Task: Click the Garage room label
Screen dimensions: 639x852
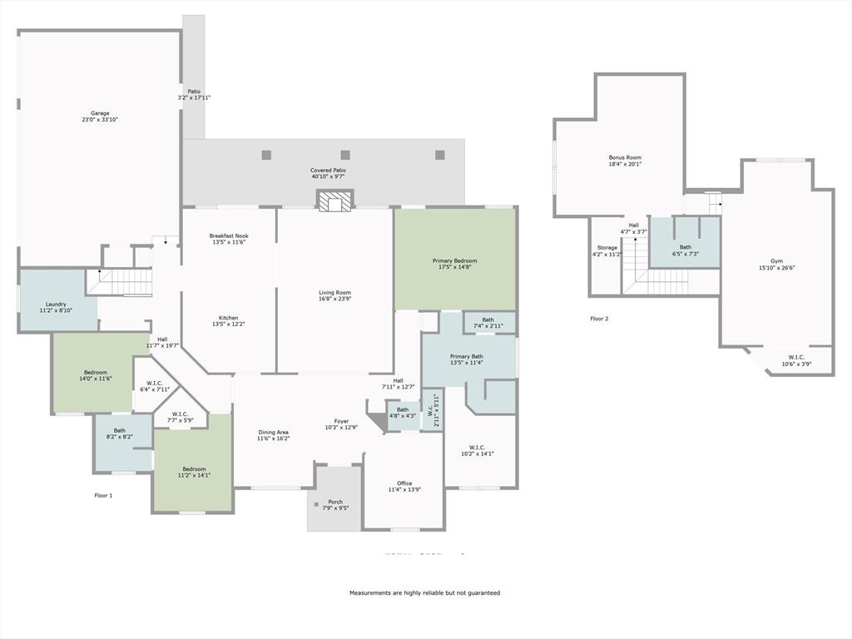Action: click(x=100, y=113)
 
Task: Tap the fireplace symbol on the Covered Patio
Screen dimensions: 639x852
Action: click(x=335, y=201)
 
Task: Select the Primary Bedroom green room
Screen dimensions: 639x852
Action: click(x=453, y=260)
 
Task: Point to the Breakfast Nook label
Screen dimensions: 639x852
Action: click(x=229, y=236)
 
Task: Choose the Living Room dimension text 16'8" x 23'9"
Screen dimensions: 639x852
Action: click(x=334, y=300)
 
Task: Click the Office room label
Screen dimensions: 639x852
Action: click(x=404, y=483)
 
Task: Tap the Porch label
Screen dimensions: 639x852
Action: click(x=335, y=501)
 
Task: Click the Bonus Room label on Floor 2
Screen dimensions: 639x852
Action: click(x=625, y=157)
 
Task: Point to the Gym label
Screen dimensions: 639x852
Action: click(x=776, y=260)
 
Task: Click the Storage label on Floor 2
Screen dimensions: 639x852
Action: click(x=607, y=247)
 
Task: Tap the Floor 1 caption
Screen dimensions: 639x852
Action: click(x=103, y=495)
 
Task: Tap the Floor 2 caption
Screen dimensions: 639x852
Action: click(x=599, y=319)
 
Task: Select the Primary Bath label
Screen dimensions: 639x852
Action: click(x=466, y=356)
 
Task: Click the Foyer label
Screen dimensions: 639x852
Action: click(x=341, y=420)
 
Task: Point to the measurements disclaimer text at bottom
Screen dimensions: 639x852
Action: click(x=424, y=593)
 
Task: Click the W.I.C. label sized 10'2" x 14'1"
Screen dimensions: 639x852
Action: click(x=477, y=447)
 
